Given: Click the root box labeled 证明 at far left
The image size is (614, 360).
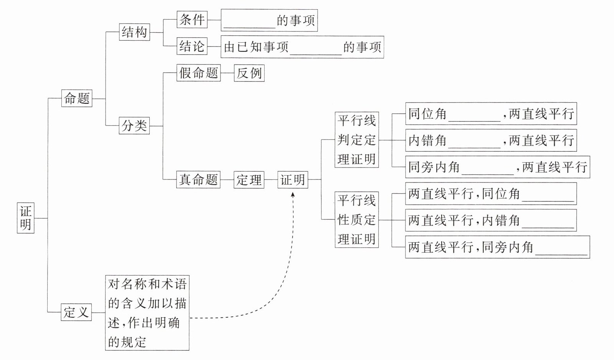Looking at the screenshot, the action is tap(25, 218).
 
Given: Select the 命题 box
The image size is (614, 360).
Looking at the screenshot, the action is tap(77, 98).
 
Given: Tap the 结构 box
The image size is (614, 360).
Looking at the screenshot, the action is tap(134, 32).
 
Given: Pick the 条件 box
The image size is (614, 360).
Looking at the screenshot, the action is tap(192, 20).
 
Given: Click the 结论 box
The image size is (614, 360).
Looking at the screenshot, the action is tap(192, 46).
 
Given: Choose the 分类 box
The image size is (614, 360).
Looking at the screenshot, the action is tap(134, 126).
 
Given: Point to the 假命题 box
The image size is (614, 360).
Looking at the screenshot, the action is tap(199, 73).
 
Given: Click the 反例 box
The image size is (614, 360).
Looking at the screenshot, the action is tap(249, 73).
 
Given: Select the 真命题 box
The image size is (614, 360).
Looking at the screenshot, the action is tap(199, 179).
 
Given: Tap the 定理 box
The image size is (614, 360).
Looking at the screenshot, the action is tap(249, 179).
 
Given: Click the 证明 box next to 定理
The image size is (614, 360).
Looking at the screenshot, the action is tap(293, 179).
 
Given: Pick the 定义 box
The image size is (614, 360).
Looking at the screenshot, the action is tap(76, 312).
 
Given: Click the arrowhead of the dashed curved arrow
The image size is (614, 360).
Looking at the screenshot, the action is tap(293, 194).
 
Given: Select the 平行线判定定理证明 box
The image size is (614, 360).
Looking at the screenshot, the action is tap(357, 139).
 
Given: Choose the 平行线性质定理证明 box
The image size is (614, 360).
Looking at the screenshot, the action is tap(357, 220).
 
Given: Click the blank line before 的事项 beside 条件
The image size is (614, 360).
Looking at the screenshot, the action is tap(250, 28).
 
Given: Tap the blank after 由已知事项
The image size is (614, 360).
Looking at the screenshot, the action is tap(316, 55).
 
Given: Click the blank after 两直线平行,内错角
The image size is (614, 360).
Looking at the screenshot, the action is tap(548, 227).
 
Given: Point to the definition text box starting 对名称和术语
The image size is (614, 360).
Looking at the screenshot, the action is tap(147, 313).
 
